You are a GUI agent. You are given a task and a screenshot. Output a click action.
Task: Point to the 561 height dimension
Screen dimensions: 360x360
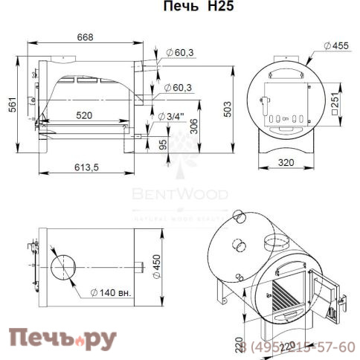[x=10, y=106]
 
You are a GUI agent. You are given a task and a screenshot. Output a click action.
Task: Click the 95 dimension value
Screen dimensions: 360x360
[x=164, y=145]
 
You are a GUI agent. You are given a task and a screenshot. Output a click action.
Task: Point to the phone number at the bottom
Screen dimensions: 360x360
[x=298, y=347]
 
